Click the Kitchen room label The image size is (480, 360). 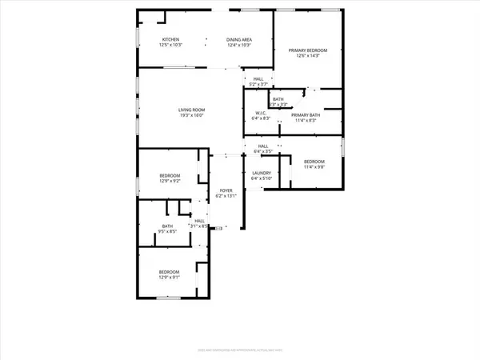[x=171, y=39]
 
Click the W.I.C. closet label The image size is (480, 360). [x=261, y=113]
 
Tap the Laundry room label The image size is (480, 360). [x=261, y=173]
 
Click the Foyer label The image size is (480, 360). [x=226, y=190]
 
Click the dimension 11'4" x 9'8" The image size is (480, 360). [x=313, y=167]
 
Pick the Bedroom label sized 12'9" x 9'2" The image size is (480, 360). [x=170, y=175]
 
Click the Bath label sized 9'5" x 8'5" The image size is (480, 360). [x=168, y=226]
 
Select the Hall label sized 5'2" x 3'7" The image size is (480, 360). [x=258, y=78]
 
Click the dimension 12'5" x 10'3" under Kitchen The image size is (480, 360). [x=171, y=45]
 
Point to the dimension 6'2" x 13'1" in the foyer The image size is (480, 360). [x=226, y=196]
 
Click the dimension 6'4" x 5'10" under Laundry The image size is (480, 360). [x=261, y=178]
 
